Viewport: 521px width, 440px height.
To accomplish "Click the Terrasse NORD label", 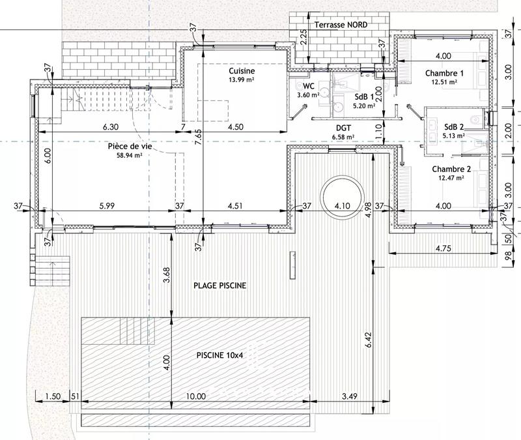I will pos(341,24).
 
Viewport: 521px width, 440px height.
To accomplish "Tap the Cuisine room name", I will pos(242,70).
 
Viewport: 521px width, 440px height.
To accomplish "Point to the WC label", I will pos(309,85).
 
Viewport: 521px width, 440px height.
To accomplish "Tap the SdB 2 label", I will pos(454,126).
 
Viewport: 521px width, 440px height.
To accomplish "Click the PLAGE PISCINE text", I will pos(220,286).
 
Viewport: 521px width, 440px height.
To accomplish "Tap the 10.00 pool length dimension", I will pos(195,396).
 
